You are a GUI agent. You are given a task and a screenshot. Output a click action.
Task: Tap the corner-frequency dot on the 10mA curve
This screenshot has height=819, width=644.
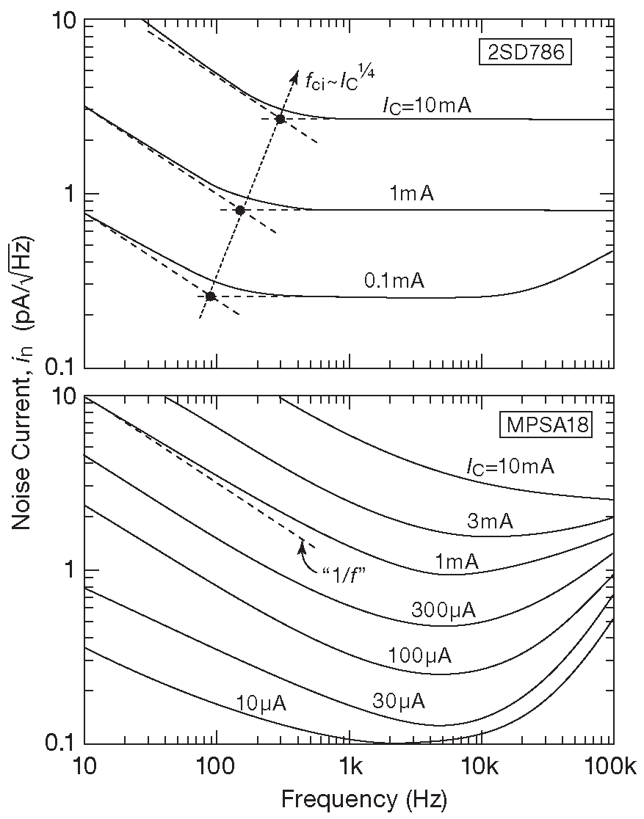280,119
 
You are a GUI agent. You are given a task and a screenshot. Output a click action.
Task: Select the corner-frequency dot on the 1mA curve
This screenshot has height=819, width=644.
240,210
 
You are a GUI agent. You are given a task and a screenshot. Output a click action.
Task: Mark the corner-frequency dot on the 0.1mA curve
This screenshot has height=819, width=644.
211,296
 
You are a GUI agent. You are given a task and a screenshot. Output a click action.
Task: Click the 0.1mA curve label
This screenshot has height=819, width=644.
394,280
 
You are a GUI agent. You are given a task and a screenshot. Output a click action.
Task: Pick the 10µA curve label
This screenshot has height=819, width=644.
261,704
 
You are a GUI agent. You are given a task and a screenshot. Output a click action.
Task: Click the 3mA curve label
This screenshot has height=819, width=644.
490,521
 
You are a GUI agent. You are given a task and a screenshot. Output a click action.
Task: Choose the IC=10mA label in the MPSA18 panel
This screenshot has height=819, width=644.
510,467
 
